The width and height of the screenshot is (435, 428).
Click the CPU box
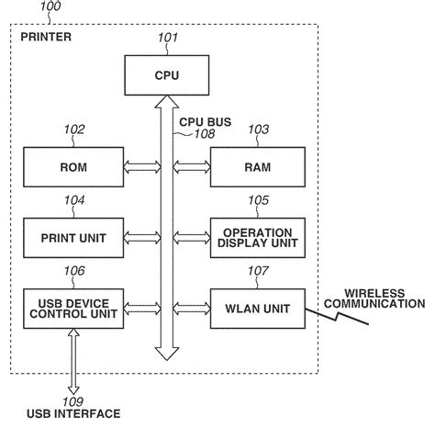[167, 74]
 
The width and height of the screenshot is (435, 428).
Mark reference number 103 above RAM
[259, 131]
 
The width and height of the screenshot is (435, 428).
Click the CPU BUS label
[206, 120]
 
